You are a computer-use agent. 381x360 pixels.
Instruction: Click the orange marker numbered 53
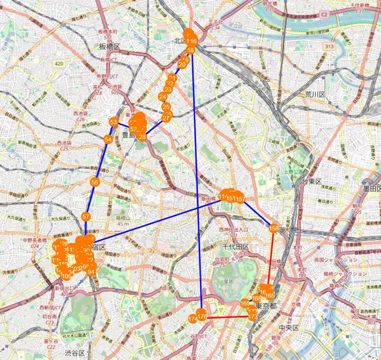[x=113, y=122]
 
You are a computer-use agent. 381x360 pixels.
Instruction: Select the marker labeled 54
[x=108, y=139]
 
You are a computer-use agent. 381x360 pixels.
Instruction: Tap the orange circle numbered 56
[x=94, y=181]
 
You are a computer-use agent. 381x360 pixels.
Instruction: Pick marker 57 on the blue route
[x=86, y=217]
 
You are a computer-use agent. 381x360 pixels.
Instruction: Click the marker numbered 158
[x=274, y=228]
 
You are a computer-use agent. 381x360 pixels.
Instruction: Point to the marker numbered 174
[x=192, y=320]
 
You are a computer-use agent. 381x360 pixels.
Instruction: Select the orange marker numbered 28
[x=142, y=136]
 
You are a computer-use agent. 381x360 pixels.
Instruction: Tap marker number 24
[x=163, y=97]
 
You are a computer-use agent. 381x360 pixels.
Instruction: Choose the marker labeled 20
[x=182, y=65]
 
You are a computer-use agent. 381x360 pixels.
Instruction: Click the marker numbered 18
[x=191, y=51]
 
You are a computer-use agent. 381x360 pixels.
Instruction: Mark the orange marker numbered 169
[x=245, y=304]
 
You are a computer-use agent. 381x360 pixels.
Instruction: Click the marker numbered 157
[x=241, y=198]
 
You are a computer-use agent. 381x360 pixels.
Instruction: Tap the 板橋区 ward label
[x=110, y=46]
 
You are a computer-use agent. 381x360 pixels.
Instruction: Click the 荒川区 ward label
[x=314, y=95]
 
